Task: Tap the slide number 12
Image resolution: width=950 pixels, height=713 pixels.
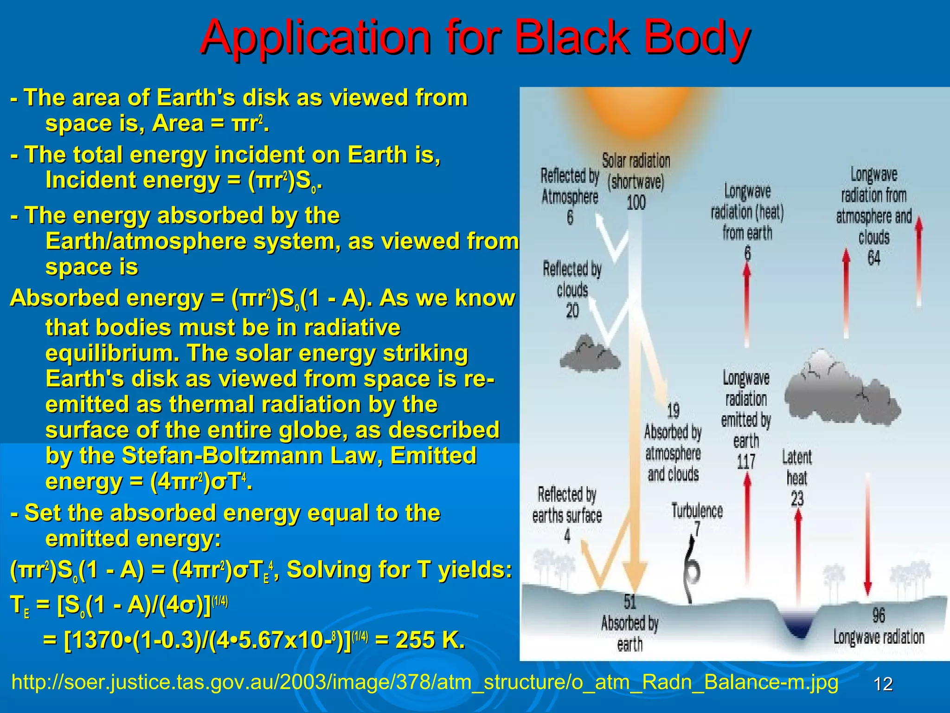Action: pyautogui.click(x=883, y=684)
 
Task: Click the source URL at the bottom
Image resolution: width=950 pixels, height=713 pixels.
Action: pyautogui.click(x=424, y=682)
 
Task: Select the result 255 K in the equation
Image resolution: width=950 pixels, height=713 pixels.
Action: pyautogui.click(x=430, y=640)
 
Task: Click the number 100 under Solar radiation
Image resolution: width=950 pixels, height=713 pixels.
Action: pyautogui.click(x=636, y=202)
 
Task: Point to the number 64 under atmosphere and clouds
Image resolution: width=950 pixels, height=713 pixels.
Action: pyautogui.click(x=874, y=258)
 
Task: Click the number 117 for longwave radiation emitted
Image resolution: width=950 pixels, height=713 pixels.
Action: pyautogui.click(x=746, y=462)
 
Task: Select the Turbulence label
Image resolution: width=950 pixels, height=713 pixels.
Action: pyautogui.click(x=697, y=511)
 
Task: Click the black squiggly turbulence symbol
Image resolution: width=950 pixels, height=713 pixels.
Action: pyautogui.click(x=692, y=564)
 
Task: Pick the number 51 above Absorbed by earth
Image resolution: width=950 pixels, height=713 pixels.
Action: pyautogui.click(x=629, y=602)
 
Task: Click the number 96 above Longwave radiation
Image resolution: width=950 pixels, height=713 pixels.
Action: pyautogui.click(x=879, y=616)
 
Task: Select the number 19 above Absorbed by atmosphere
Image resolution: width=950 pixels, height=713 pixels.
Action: pyautogui.click(x=673, y=411)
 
